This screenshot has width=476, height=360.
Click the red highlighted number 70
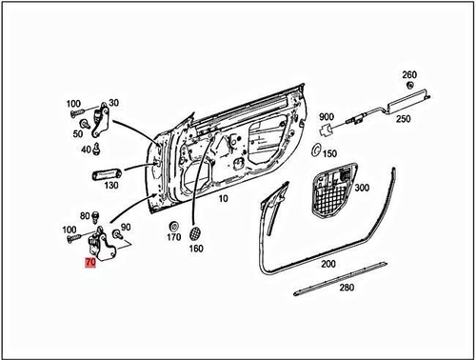pyautogui.click(x=90, y=259)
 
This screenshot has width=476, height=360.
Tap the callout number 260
pyautogui.click(x=409, y=74)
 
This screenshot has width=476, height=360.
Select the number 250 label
pyautogui.click(x=404, y=119)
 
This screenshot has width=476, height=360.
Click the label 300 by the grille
pyautogui.click(x=361, y=189)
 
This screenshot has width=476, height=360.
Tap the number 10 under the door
pyautogui.click(x=224, y=199)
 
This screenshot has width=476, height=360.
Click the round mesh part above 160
pyautogui.click(x=195, y=232)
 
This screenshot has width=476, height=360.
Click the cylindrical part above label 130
pyautogui.click(x=106, y=173)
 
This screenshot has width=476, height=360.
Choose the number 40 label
pyautogui.click(x=86, y=150)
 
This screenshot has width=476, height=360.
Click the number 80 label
pyautogui.click(x=84, y=214)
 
